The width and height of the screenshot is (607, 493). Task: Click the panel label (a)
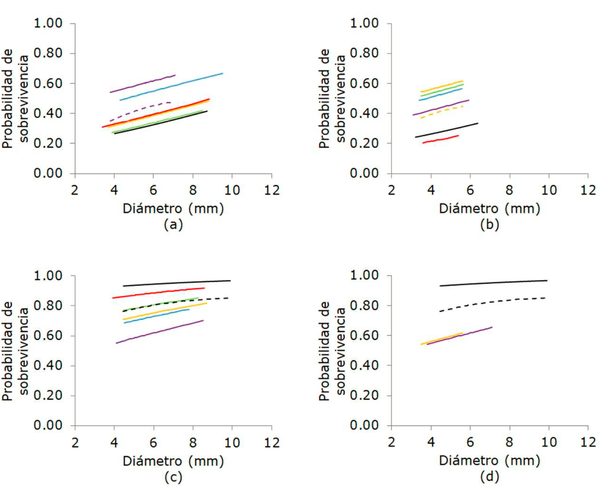(173, 225)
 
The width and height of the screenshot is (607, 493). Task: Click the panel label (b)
(489, 225)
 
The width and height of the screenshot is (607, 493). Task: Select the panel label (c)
(173, 477)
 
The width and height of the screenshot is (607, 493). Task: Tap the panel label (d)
(489, 477)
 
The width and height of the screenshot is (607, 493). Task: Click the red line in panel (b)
(441, 139)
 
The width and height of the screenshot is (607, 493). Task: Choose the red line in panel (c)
(159, 294)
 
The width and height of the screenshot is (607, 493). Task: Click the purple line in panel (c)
(159, 332)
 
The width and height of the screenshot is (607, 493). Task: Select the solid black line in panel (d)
(492, 283)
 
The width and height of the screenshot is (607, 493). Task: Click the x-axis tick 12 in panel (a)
(272, 190)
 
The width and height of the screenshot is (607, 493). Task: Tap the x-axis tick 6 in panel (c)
(153, 443)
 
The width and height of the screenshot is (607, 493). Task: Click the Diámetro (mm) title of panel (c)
(173, 461)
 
